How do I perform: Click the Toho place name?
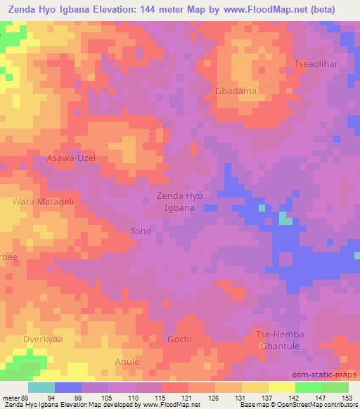click(141, 231)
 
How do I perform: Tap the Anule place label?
click(127, 361)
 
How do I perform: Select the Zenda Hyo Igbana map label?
click(179, 202)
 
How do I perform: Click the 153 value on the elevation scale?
click(345, 398)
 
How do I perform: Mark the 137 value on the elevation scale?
click(266, 398)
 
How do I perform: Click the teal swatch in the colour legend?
click(41, 387)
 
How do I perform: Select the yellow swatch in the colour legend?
click(282, 387)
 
